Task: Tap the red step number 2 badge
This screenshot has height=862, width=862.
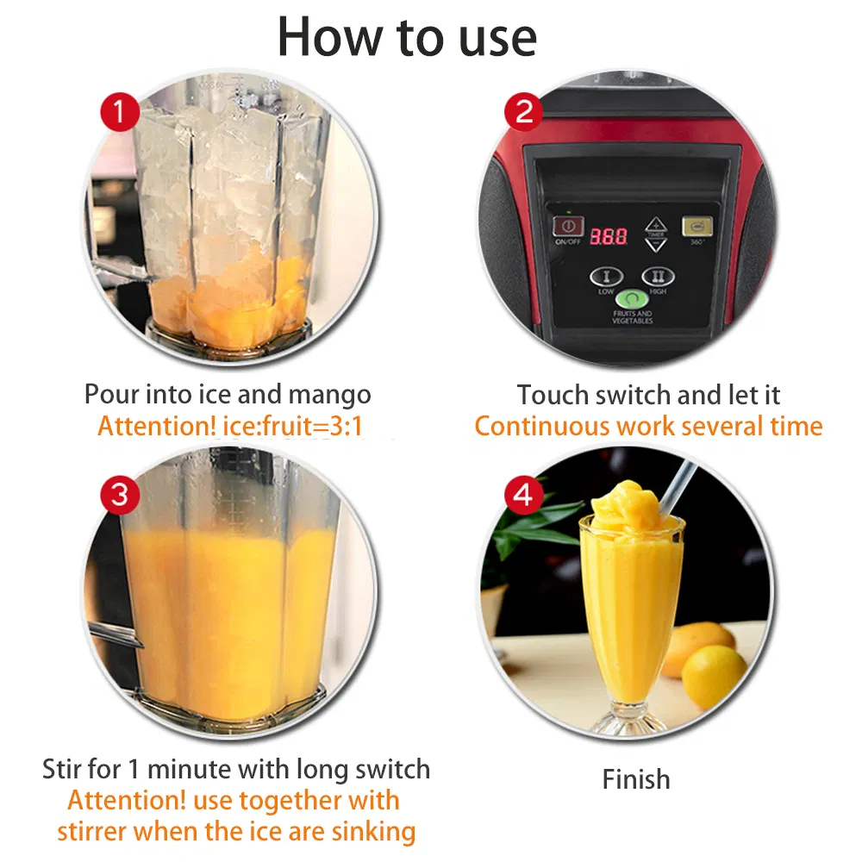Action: (524, 112)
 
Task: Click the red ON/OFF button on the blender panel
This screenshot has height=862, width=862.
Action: (568, 226)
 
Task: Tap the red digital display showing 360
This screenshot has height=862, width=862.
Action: (608, 234)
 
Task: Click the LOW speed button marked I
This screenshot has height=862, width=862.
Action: (606, 278)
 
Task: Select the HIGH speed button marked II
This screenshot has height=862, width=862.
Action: (657, 278)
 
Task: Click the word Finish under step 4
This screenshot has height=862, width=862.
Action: (636, 779)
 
